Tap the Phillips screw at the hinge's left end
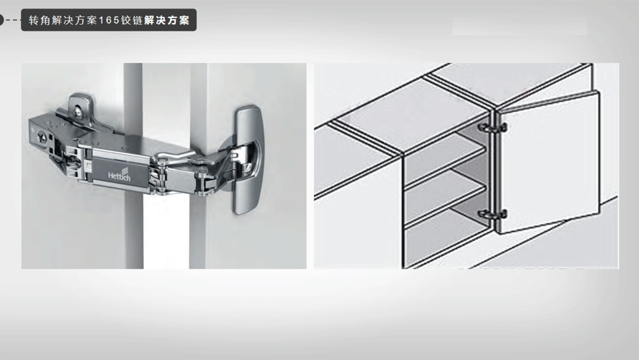coord(40,137)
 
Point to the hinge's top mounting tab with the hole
coord(80,106)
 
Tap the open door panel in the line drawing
coord(549,162)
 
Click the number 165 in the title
coord(109,20)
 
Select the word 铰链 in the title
coord(132,20)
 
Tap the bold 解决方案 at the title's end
coord(167,20)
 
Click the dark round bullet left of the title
coord(1,20)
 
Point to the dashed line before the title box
coord(12,20)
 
